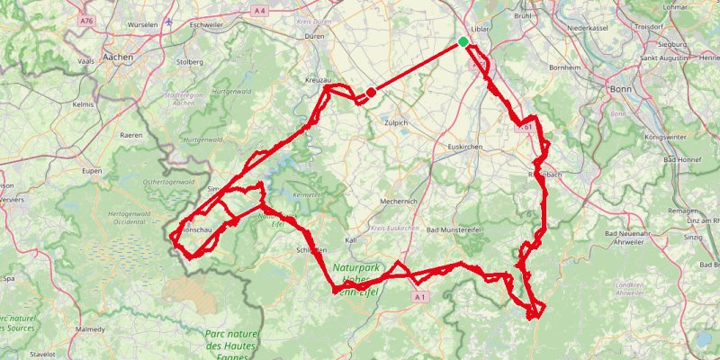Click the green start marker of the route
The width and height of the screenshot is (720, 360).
click(x=463, y=41)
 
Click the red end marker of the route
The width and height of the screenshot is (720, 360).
click(x=371, y=92)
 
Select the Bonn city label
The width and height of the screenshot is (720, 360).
click(x=621, y=90)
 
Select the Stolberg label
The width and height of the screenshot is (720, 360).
click(x=189, y=62)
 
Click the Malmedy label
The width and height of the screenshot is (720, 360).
click(x=90, y=330)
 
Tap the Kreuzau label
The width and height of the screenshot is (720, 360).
click(x=319, y=81)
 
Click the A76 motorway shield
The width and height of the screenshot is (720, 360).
click(x=86, y=20)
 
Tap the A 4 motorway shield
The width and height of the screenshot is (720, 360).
click(x=260, y=10)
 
